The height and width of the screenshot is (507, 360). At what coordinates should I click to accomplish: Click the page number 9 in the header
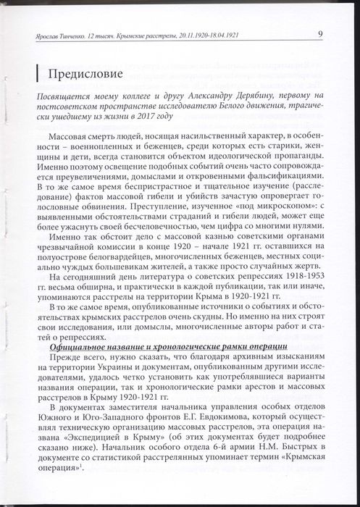(319, 34)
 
